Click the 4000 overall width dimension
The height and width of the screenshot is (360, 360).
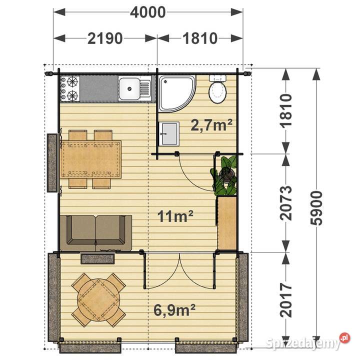[147, 12]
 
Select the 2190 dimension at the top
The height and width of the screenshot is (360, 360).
[105, 38]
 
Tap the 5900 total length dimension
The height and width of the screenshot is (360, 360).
[316, 208]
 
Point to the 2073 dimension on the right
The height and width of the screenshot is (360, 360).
[286, 203]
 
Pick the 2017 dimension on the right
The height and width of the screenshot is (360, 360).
[286, 300]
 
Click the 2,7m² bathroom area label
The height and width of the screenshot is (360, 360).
[211, 125]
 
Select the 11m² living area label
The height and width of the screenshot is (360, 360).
[175, 216]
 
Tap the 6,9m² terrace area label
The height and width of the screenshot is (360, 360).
[174, 309]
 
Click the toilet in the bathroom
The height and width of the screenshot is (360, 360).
[217, 89]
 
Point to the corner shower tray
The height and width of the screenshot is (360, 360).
[177, 93]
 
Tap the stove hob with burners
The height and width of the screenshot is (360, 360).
[70, 89]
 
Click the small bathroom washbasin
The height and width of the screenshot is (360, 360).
[169, 134]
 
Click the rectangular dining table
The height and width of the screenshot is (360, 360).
[91, 159]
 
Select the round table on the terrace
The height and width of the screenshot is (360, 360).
[98, 300]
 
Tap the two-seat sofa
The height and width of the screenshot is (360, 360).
[96, 233]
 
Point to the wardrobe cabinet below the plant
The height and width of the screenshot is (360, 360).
[227, 223]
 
